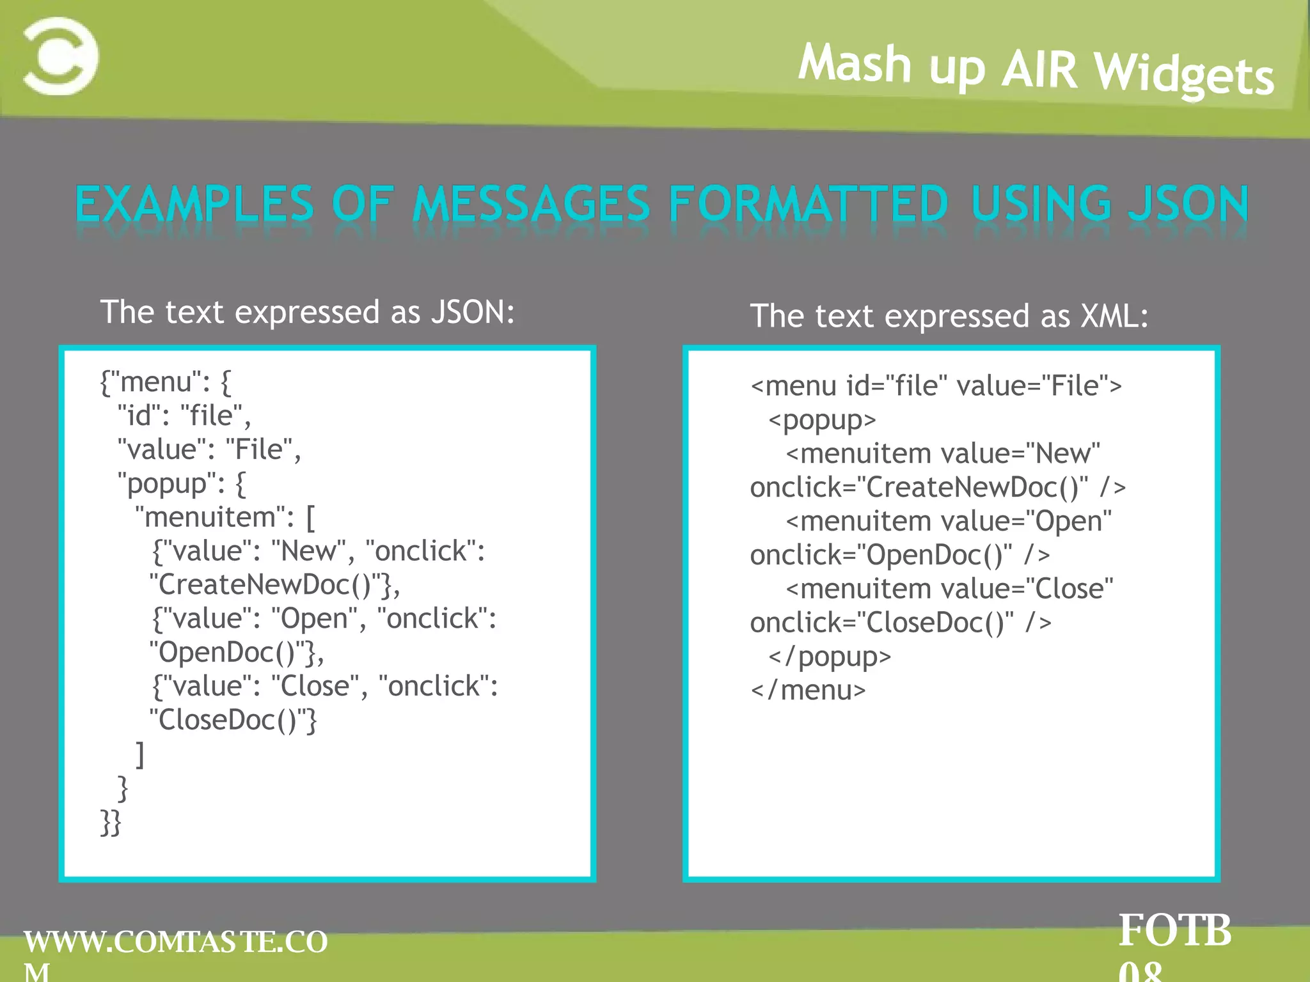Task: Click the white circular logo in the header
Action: [x=61, y=56]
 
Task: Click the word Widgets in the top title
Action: [x=1185, y=74]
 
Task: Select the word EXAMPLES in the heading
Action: [x=194, y=205]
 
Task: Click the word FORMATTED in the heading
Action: [x=808, y=205]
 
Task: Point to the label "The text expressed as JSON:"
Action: [x=307, y=312]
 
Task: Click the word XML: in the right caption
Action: [x=1114, y=316]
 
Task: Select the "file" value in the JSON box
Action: [x=211, y=416]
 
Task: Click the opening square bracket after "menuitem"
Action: [x=310, y=518]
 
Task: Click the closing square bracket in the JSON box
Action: [x=140, y=754]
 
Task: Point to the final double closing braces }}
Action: [x=111, y=822]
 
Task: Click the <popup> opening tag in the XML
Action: [x=822, y=420]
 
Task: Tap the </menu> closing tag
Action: [x=808, y=690]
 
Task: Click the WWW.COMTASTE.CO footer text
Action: [x=175, y=942]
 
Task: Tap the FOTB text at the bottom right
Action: [x=1174, y=931]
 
